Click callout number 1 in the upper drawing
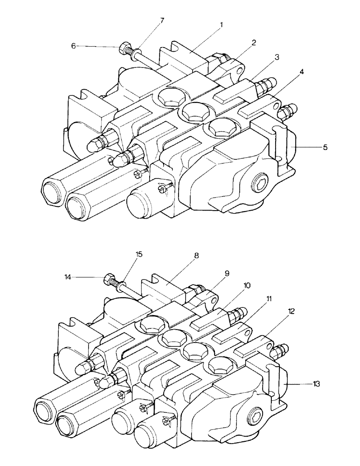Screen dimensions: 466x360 221,24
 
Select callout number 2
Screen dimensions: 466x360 254,42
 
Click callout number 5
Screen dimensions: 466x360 325,147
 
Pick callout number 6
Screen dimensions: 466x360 73,46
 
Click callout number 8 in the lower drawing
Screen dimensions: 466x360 196,256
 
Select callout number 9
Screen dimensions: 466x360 227,274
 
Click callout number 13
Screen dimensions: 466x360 317,384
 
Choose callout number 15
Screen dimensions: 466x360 139,254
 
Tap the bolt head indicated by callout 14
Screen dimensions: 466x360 110,280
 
